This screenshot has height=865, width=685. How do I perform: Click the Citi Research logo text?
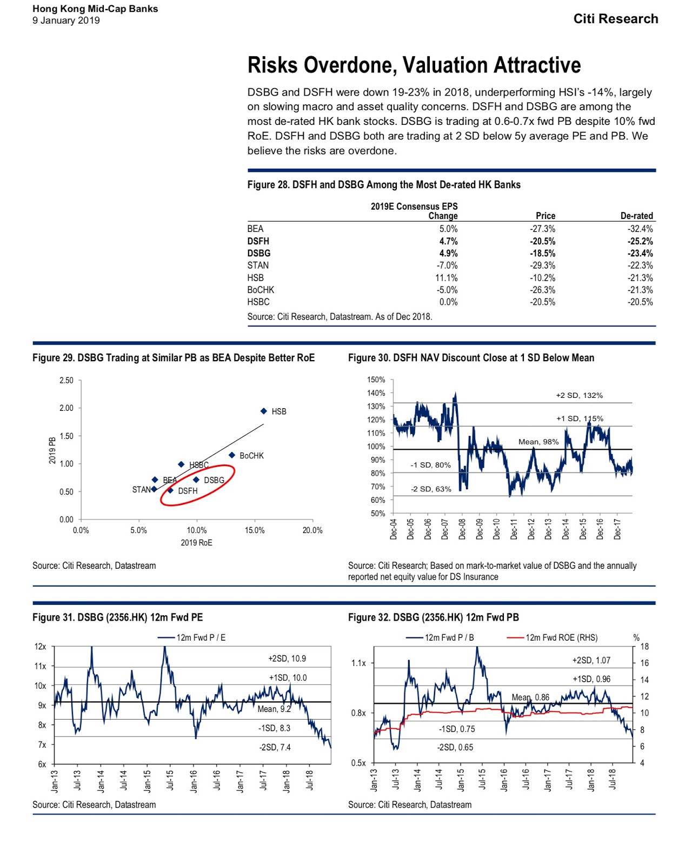615,19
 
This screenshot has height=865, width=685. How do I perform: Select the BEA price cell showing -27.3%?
542,229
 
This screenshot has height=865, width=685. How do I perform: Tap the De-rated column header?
636,216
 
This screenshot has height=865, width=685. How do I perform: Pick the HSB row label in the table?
256,278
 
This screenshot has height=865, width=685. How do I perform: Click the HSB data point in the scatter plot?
264,411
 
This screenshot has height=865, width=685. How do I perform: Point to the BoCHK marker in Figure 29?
232,455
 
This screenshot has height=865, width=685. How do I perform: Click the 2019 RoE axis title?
196,543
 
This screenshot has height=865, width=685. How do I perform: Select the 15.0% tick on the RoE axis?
255,530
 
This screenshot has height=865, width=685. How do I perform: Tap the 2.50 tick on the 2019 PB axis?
66,381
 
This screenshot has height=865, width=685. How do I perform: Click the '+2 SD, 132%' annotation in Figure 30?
579,396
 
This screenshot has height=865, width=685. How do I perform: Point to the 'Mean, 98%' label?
538,442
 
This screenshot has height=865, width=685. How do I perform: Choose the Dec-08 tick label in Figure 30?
462,529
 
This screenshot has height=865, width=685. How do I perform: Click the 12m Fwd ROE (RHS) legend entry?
561,638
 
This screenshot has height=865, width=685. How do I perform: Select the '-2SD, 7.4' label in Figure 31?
275,747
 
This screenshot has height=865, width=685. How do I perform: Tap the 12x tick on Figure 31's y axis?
41,647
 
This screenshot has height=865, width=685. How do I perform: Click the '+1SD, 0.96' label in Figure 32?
591,679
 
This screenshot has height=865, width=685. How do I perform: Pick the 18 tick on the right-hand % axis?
644,647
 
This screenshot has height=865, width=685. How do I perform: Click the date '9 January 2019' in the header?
66,21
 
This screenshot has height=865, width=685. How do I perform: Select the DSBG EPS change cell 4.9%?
448,254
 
